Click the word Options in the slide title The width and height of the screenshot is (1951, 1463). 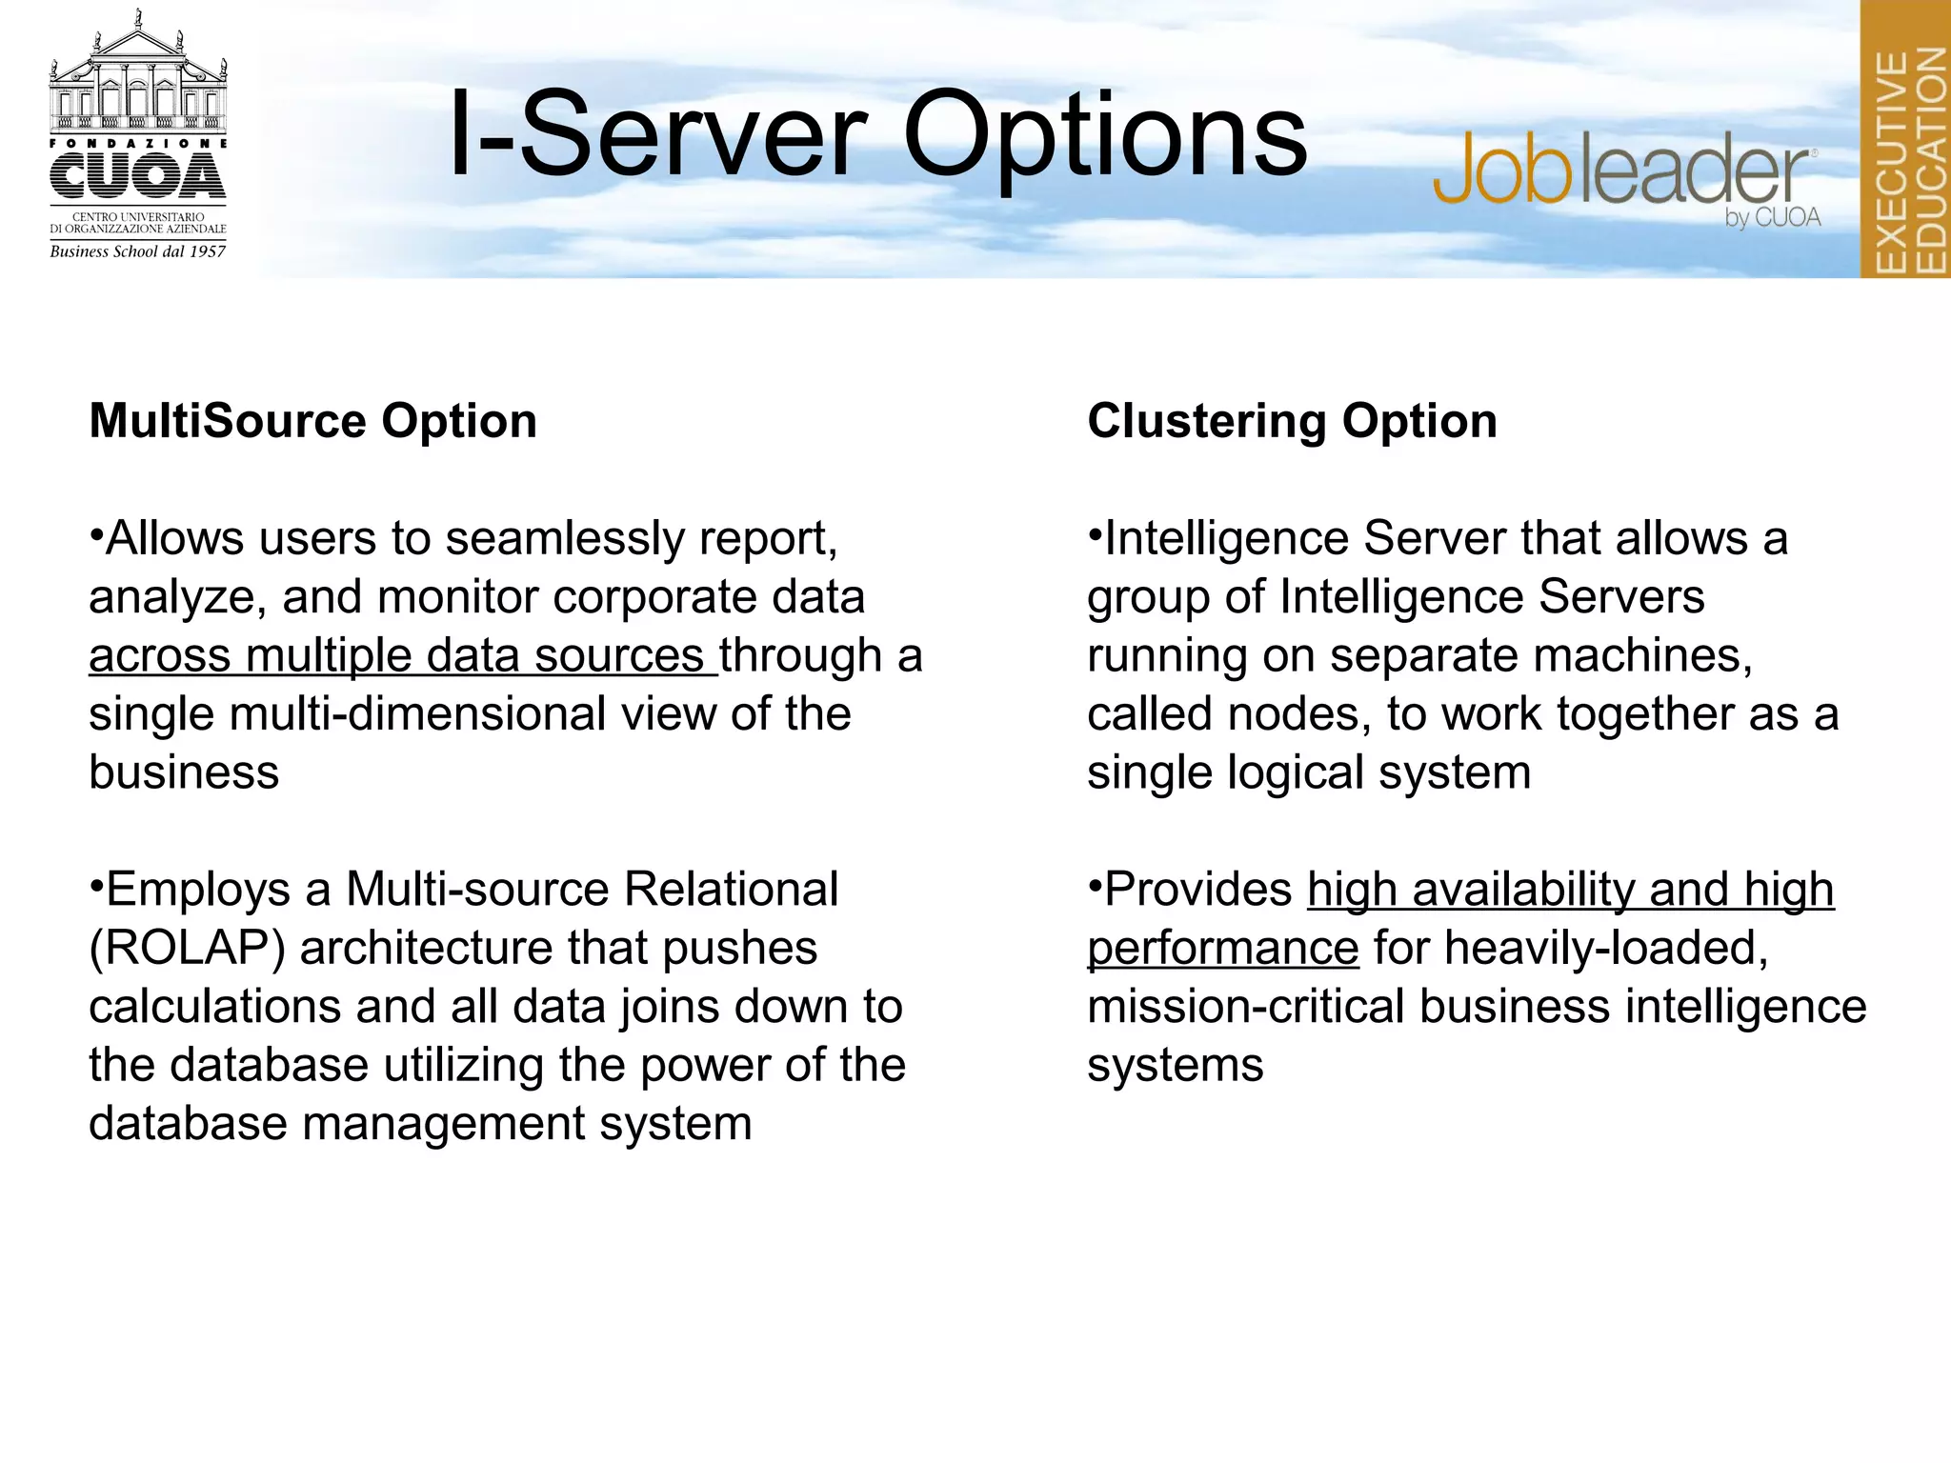pos(1105,135)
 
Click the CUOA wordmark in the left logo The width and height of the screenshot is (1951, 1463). pos(138,177)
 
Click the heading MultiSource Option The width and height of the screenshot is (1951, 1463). pos(312,421)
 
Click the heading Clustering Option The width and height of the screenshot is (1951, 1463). pos(1292,421)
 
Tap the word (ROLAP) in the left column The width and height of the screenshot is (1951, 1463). pos(187,949)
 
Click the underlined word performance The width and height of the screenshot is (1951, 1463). pos(1222,949)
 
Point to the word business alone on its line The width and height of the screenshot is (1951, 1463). pos(184,772)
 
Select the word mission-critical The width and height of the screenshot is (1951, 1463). pos(1245,1007)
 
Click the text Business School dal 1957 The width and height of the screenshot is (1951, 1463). pos(138,251)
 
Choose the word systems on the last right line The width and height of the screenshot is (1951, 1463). pos(1175,1066)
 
